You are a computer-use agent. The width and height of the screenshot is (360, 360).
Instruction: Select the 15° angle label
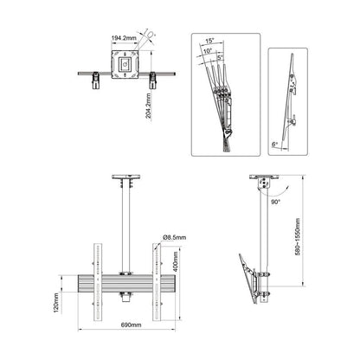click(210, 41)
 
